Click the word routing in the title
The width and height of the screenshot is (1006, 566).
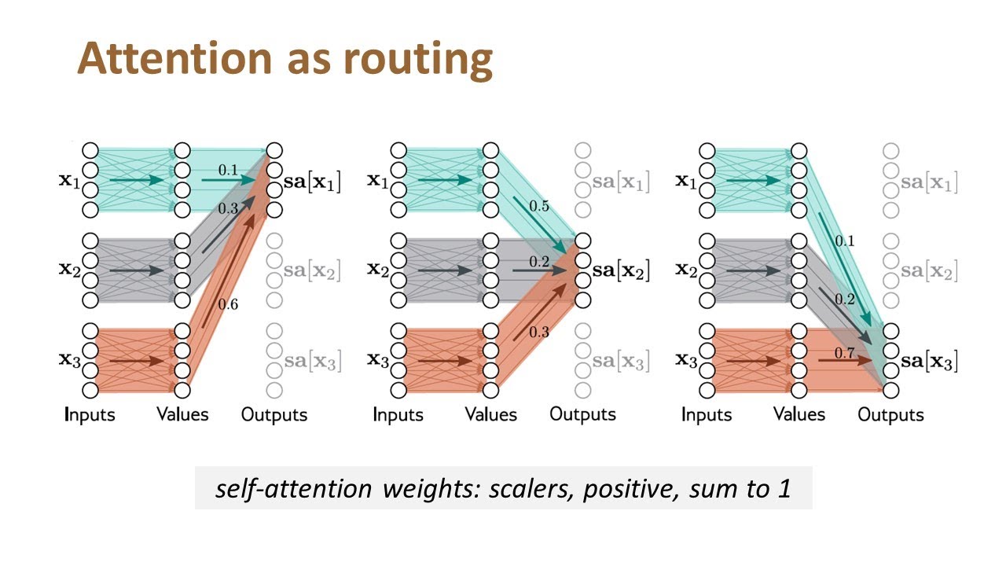(x=429, y=61)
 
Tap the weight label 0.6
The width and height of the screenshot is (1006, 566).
(x=228, y=305)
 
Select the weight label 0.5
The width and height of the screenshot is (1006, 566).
(x=538, y=206)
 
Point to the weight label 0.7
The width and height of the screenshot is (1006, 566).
(x=844, y=354)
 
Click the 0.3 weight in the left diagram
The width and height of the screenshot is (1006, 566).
(x=228, y=208)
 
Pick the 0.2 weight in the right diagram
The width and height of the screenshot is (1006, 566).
(x=844, y=300)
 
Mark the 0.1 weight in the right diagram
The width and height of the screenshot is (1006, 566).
(x=844, y=241)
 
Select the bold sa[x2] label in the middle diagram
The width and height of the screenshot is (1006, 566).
(x=621, y=272)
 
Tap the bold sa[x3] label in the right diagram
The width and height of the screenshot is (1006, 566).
(x=929, y=362)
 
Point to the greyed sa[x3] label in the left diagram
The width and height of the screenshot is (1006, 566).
(x=313, y=362)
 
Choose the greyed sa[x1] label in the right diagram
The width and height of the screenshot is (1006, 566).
(x=929, y=183)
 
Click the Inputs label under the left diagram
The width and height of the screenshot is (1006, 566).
(x=90, y=414)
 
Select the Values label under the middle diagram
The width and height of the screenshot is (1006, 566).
(x=490, y=414)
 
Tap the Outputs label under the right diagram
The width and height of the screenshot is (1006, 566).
(x=890, y=414)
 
